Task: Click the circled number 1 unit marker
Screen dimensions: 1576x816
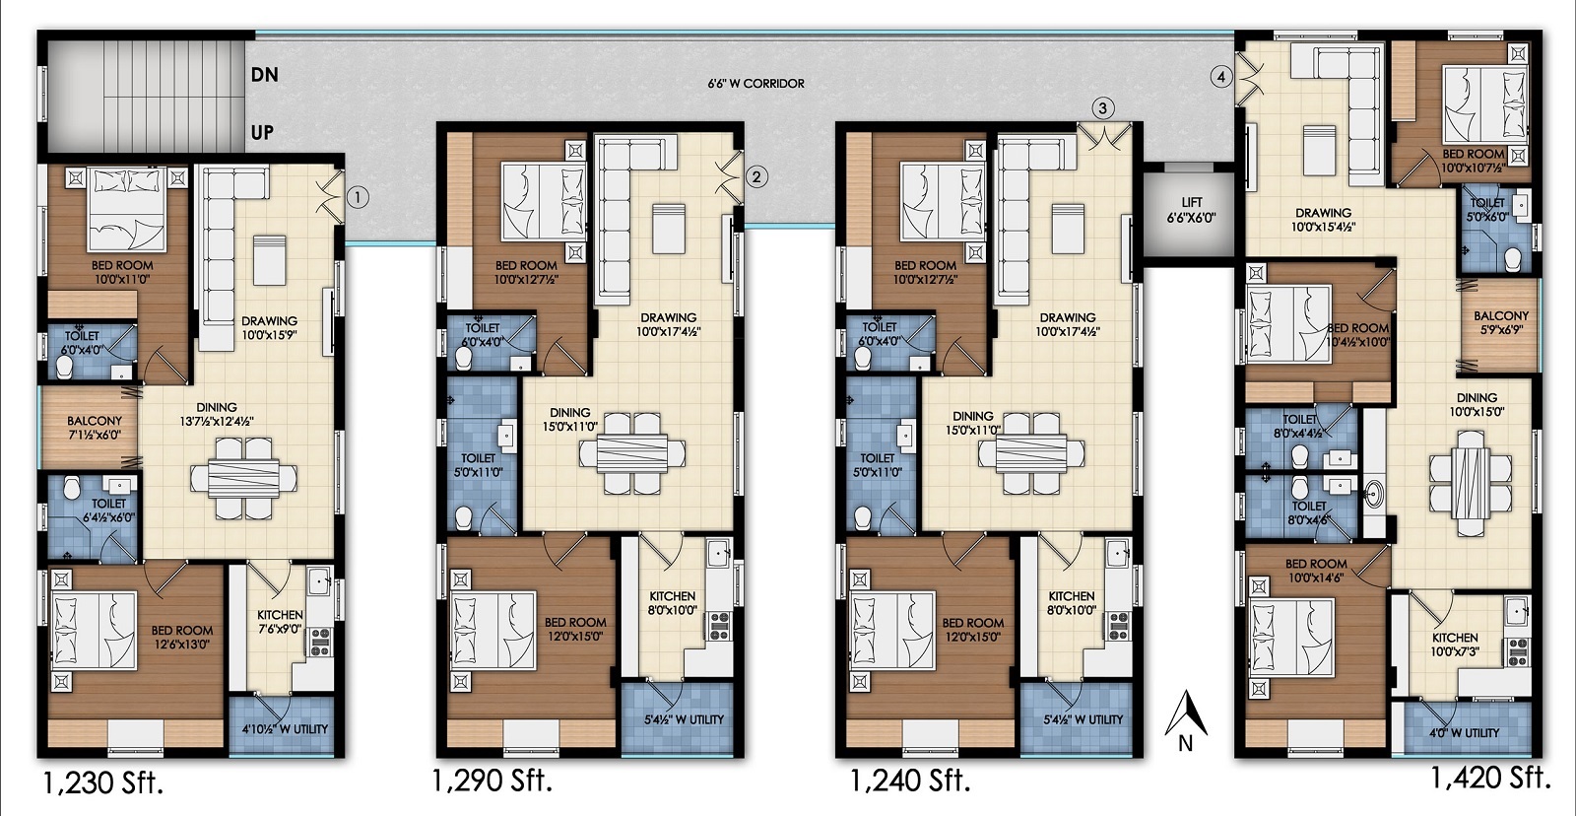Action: coord(358,197)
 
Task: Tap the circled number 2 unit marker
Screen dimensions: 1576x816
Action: coord(756,176)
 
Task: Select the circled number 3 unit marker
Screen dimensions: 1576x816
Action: coord(1102,108)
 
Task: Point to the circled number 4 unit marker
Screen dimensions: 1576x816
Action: coord(1220,77)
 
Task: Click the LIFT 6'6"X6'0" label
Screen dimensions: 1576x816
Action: coord(1191,211)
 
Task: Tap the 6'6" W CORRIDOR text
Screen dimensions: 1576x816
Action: coord(755,84)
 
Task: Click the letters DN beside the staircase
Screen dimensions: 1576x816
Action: coord(265,75)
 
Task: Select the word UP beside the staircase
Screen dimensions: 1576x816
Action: coord(262,132)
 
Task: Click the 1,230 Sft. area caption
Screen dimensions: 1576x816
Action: coord(103,783)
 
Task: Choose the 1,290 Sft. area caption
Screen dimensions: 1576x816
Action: coord(492,781)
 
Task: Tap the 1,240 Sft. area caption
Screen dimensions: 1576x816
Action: coord(910,781)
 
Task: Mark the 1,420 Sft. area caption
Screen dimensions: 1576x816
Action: coord(1491,778)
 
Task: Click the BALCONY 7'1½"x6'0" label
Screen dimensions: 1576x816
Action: coord(95,428)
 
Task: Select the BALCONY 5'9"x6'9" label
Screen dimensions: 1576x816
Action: coord(1501,322)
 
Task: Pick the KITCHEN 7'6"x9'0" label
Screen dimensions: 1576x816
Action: coord(280,622)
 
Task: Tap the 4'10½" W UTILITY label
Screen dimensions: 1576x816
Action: coord(285,728)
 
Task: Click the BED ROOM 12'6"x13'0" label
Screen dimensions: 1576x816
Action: coord(181,638)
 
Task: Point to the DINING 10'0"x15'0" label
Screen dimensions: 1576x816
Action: coord(1477,405)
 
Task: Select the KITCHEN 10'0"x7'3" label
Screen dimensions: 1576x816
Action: coord(1455,645)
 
